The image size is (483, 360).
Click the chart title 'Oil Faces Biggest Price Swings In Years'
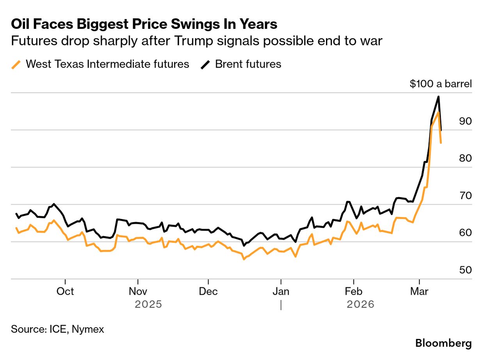144,25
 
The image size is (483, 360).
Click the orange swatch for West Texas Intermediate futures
16,64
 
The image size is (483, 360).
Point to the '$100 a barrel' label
440,84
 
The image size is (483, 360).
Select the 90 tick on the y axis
465,121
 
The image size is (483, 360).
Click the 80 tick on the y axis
465,158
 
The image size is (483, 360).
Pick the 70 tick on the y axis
465,196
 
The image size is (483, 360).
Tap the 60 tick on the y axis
465,233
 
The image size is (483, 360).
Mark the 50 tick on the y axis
465,270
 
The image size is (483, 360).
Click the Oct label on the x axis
66,292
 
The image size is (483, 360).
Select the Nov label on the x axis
137,292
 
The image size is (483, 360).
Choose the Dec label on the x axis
209,292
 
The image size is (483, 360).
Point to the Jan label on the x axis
281,292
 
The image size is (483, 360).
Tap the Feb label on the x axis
353,292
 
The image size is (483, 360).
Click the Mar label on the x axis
419,292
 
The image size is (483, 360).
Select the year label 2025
148,304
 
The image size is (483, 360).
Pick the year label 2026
360,304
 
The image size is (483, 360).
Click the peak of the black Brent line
438,96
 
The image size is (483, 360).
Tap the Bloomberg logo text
443,343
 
